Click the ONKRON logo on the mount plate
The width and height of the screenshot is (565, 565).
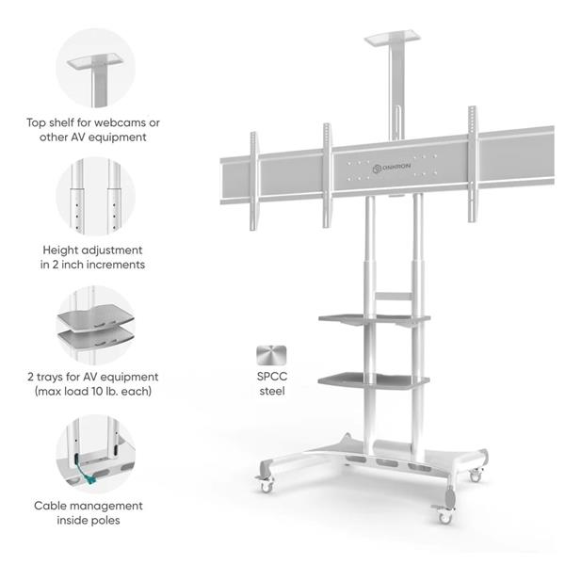(x=392, y=168)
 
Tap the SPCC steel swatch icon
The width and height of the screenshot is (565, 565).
(x=271, y=355)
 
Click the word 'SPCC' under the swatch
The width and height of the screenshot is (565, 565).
(x=272, y=377)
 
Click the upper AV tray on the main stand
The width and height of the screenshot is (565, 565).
(x=374, y=319)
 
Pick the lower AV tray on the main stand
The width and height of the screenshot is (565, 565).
(x=374, y=380)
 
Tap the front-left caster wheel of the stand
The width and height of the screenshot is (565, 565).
(x=266, y=487)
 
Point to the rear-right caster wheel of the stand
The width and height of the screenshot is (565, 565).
(x=476, y=476)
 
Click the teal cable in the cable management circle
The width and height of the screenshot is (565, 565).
(x=86, y=476)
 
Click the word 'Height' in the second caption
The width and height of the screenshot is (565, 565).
(x=60, y=250)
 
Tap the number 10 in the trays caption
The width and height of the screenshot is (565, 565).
(x=97, y=391)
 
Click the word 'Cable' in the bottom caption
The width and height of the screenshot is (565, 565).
(x=48, y=506)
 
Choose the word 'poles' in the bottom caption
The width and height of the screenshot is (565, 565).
(x=105, y=520)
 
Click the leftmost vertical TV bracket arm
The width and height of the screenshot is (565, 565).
(x=253, y=181)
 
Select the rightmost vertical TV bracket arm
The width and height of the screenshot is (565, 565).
(x=472, y=164)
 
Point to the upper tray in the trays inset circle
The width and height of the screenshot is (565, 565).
(x=96, y=317)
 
